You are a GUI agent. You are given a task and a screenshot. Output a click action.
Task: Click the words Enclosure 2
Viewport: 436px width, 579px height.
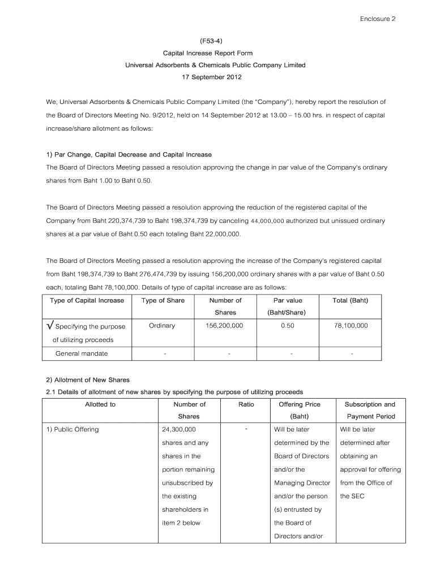click(378, 19)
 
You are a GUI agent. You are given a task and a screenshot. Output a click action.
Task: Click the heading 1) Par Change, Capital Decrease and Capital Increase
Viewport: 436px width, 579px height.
click(129, 154)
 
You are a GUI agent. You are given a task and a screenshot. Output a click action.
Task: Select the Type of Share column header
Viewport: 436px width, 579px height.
click(163, 300)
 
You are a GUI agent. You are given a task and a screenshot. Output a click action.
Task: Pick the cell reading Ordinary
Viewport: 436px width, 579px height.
click(162, 326)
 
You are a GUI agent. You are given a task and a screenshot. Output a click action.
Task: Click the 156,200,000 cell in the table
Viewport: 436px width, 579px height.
click(225, 326)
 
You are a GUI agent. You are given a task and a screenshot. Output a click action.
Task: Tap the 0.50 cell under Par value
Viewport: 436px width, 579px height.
click(287, 326)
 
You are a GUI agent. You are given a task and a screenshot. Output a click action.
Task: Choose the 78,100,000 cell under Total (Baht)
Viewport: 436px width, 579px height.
click(351, 326)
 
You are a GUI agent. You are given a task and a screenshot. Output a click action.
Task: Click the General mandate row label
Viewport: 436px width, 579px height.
click(82, 354)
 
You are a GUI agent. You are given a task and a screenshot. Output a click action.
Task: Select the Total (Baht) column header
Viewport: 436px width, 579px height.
click(351, 300)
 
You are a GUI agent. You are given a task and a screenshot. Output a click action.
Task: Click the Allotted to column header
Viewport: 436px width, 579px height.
click(100, 404)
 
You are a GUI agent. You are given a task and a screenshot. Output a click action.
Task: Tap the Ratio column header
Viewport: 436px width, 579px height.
click(246, 404)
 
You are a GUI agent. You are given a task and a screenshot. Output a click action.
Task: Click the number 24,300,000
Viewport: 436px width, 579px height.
click(179, 429)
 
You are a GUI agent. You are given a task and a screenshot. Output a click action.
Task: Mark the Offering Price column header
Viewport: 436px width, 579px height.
click(300, 404)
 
